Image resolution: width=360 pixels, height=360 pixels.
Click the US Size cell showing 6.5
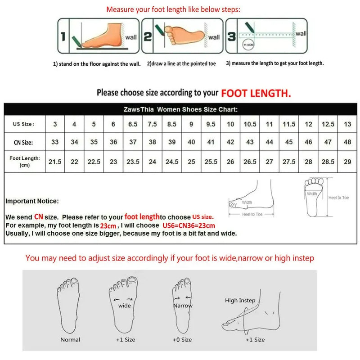[x=133, y=124]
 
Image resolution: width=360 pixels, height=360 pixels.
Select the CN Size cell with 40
[x=191, y=142]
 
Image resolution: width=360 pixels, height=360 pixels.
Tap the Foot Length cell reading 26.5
[x=250, y=162]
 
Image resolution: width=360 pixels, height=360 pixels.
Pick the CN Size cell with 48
[x=347, y=142]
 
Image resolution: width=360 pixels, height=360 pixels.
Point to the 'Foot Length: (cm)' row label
[x=25, y=162]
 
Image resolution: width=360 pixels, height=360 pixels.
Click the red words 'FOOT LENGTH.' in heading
[x=256, y=93]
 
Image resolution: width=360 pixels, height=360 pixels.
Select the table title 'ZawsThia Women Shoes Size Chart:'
[x=180, y=109]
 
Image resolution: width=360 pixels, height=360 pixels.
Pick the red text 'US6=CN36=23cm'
[x=189, y=225]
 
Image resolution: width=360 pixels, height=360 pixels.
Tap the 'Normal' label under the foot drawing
[x=70, y=340]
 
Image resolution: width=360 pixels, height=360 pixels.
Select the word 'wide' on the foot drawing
[x=124, y=306]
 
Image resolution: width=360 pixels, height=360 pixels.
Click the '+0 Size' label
[x=183, y=340]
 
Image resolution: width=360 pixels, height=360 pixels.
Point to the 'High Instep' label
[x=240, y=300]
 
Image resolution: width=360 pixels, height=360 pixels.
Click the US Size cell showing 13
[x=347, y=124]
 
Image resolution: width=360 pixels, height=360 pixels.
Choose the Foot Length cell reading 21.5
[x=55, y=162]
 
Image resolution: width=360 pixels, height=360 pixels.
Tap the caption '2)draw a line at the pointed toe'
[x=181, y=64]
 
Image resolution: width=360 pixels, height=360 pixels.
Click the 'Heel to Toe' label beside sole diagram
[x=338, y=198]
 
